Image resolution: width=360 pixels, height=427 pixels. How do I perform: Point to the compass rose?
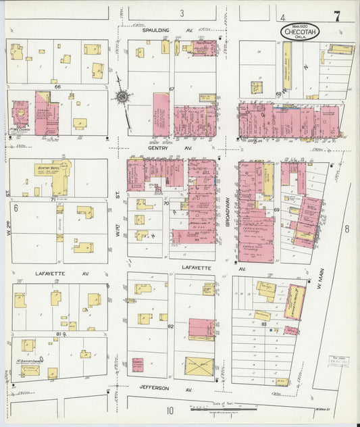coord(122,97)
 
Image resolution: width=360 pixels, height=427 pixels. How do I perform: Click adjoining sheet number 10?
coord(171,410)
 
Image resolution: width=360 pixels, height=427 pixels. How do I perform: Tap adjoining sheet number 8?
coord(346,229)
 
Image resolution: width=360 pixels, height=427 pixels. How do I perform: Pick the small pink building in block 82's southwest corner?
coord(138,364)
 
